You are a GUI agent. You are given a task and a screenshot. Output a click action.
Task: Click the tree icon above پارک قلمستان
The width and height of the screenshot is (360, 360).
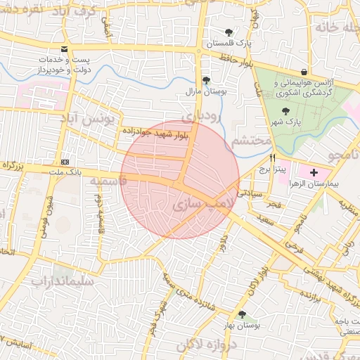click(x=229, y=32)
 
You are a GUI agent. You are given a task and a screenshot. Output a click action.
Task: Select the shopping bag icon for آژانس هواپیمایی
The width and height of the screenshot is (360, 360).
click(x=303, y=72)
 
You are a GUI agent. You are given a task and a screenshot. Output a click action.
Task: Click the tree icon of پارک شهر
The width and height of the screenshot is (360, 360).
click(x=285, y=111)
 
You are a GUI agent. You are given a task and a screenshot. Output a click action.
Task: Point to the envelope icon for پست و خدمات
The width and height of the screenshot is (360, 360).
click(x=65, y=50)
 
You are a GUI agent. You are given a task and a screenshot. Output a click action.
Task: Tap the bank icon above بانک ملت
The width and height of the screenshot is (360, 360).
click(x=65, y=161)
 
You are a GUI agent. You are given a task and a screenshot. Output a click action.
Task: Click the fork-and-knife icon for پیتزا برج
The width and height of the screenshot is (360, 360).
click(x=272, y=178)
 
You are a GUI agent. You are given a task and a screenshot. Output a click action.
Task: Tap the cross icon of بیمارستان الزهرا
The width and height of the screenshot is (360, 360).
click(x=313, y=172)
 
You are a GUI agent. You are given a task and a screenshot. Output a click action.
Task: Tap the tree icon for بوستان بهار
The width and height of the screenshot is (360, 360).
click(x=243, y=315)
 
